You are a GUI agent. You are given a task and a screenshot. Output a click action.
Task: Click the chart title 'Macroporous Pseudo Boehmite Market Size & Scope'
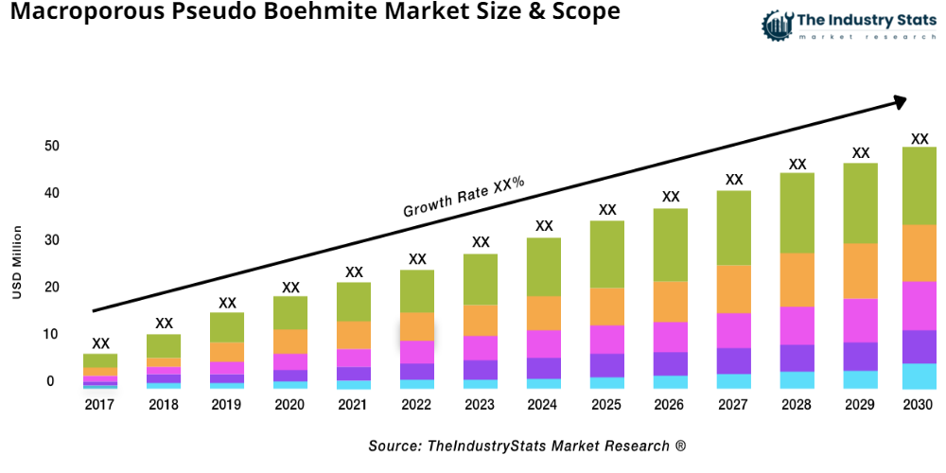click(311, 13)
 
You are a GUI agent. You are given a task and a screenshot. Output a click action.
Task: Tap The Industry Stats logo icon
click(777, 26)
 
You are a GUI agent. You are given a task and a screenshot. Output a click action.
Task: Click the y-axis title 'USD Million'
click(16, 263)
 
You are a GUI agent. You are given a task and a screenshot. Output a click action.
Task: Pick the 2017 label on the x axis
click(100, 405)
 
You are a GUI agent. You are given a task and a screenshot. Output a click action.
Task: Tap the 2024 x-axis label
click(544, 405)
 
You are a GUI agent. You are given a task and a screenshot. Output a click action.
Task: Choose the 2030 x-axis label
click(918, 405)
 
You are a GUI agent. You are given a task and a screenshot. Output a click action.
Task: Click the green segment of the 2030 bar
click(919, 185)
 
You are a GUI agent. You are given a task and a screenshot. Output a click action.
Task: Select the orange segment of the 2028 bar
click(797, 279)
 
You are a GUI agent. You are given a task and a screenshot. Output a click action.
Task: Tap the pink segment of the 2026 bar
click(671, 337)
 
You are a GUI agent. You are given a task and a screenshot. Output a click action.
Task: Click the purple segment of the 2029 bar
click(860, 356)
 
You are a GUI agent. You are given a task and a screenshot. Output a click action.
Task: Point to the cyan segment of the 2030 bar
click(919, 376)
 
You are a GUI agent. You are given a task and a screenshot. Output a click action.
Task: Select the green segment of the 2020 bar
click(290, 312)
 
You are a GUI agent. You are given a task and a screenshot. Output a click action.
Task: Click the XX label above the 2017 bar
click(100, 343)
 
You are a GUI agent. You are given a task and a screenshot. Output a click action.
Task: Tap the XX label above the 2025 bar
click(607, 210)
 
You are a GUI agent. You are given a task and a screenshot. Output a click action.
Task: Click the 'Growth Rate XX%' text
click(464, 197)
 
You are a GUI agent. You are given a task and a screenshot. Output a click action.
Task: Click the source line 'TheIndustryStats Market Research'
click(527, 446)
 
